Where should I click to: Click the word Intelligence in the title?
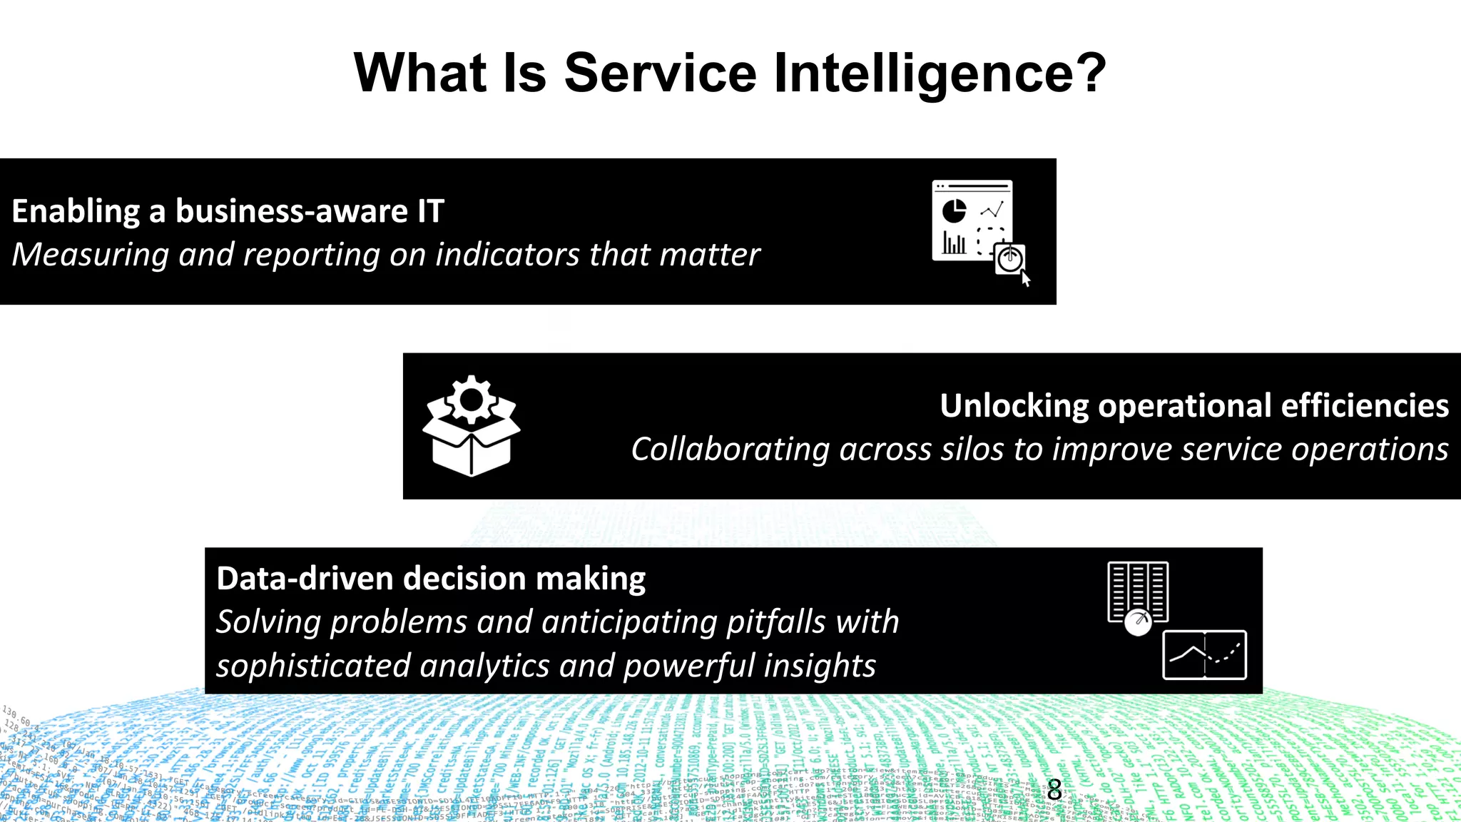click(940, 73)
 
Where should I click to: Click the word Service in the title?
click(660, 73)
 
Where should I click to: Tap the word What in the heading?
click(420, 73)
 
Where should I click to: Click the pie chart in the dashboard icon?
click(954, 210)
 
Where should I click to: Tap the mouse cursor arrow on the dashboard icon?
click(1026, 279)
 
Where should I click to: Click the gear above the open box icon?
click(471, 400)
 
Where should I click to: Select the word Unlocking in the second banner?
click(1014, 406)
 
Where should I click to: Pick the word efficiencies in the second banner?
click(1365, 406)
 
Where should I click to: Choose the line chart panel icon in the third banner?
click(1204, 654)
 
